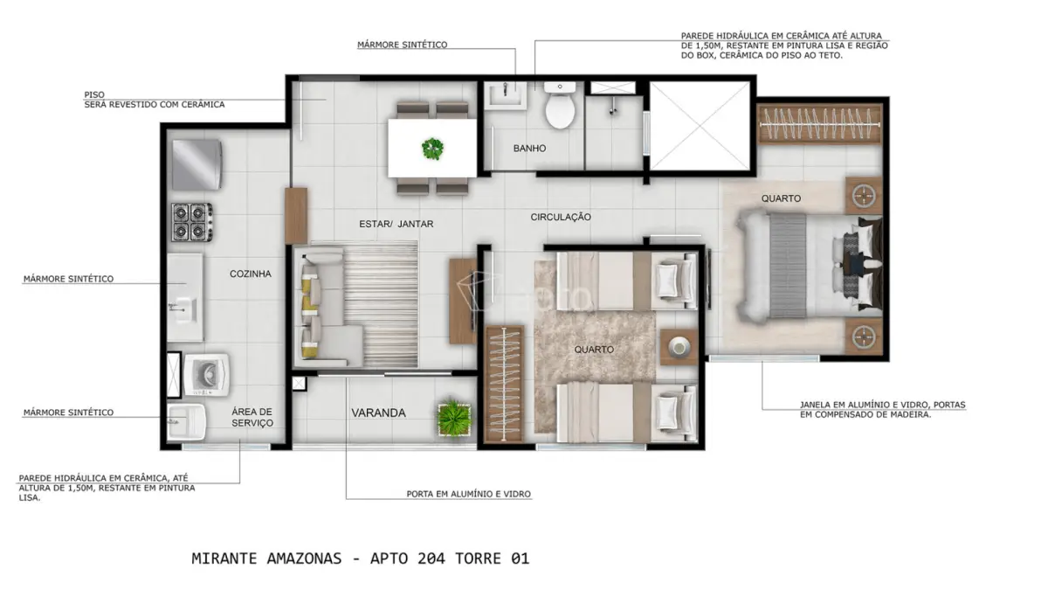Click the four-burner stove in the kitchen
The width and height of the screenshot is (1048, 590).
(x=192, y=222)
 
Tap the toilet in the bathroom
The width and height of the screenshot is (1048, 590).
(x=560, y=106)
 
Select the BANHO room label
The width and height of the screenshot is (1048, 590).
(x=529, y=149)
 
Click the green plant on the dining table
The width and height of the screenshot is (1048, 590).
(x=432, y=149)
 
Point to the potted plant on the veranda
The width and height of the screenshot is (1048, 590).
(x=453, y=418)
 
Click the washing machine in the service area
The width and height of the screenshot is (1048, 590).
(x=206, y=375)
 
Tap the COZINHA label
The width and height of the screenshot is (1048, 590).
(x=251, y=274)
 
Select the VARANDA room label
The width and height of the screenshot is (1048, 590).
(x=378, y=413)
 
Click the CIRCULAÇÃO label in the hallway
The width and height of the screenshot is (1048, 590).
(x=561, y=218)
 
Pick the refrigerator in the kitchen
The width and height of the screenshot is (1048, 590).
(x=196, y=164)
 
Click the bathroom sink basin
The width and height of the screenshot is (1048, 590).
(x=506, y=95)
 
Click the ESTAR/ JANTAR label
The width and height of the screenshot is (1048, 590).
(x=396, y=225)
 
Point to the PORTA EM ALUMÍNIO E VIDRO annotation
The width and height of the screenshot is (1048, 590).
(x=468, y=494)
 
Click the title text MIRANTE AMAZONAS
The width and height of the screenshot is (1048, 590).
(x=266, y=559)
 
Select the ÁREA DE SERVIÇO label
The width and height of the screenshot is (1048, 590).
(x=252, y=417)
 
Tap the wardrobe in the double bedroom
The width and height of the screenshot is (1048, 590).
(x=819, y=124)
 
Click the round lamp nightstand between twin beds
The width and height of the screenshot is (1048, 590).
(x=679, y=347)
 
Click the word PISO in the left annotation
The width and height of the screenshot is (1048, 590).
(x=94, y=94)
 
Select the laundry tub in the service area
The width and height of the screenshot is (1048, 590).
(x=186, y=422)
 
